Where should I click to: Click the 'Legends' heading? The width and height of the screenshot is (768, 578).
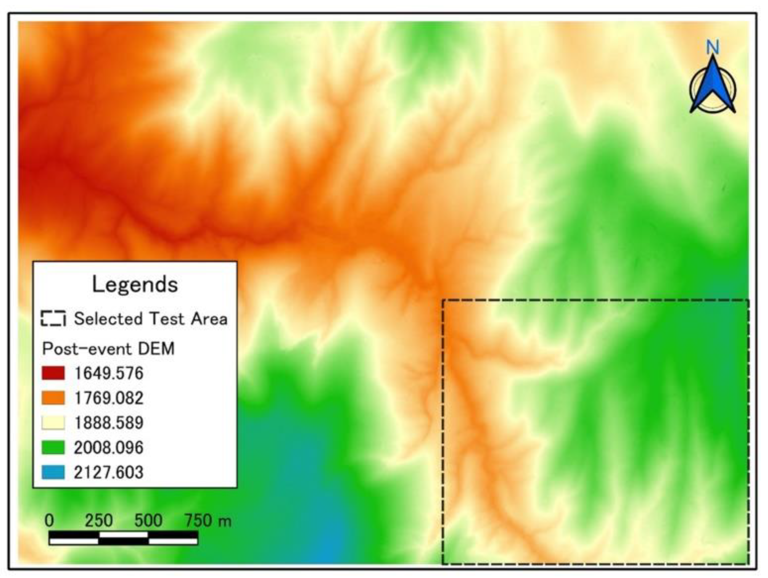click(x=135, y=284)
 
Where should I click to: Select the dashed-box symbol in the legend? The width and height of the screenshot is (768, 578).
click(x=53, y=318)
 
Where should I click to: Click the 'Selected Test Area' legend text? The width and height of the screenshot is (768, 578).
click(x=151, y=319)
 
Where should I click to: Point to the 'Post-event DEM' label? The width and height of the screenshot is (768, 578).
click(x=108, y=349)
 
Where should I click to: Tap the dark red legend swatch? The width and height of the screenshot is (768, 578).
click(x=53, y=373)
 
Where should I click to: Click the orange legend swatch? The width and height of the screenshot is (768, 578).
click(x=53, y=398)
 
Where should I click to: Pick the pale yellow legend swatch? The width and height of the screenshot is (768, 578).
click(x=53, y=423)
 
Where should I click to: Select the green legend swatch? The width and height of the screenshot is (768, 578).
click(x=53, y=447)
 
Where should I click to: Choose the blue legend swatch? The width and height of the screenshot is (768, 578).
click(x=53, y=472)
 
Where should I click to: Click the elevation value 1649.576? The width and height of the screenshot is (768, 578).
click(x=109, y=373)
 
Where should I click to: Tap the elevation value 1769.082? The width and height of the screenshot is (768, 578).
click(x=109, y=398)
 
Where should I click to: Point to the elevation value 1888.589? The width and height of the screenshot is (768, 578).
click(x=109, y=423)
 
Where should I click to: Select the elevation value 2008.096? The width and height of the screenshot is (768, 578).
click(x=109, y=447)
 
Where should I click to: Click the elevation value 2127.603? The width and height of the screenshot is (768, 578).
click(x=109, y=472)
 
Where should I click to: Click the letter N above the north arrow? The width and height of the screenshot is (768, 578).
click(x=712, y=47)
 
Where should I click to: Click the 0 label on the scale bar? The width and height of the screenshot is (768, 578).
click(x=49, y=520)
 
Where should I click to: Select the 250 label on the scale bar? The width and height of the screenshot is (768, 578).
click(x=98, y=520)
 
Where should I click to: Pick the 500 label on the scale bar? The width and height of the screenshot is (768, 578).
click(x=148, y=520)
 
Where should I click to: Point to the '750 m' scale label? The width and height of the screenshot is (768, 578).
click(x=208, y=520)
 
